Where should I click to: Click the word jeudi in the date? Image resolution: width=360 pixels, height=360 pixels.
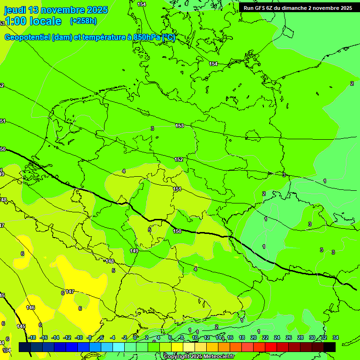(15, 10)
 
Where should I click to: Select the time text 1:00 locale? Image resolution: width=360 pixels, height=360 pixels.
(33, 21)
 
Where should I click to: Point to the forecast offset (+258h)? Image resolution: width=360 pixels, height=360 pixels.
(83, 21)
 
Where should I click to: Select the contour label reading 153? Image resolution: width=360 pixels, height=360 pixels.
(180, 126)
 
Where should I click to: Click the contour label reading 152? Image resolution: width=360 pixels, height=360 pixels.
(179, 159)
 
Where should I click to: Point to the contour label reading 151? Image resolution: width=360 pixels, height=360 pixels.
(177, 189)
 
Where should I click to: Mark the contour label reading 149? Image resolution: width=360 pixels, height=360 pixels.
(134, 251)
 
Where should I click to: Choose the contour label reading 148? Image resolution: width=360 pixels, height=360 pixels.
(110, 261)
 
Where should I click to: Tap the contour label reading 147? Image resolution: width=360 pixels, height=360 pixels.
(69, 292)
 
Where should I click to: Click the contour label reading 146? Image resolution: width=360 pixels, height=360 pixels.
(30, 307)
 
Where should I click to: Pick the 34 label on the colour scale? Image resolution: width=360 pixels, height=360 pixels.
(336, 337)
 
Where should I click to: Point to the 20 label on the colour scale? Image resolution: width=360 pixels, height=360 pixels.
(254, 337)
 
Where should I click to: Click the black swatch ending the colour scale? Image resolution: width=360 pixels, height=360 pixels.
(330, 347)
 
